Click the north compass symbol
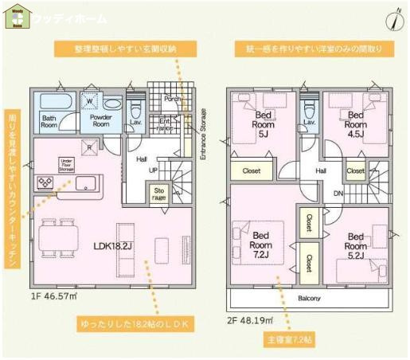pos(394,19)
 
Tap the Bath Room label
pos(49,120)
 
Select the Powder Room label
pos(100,120)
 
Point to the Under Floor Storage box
pos(66,166)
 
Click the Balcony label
pos(309,299)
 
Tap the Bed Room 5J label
pos(264,124)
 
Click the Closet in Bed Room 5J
pos(251,170)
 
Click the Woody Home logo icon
pos(18,17)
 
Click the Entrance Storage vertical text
pos(202,134)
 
